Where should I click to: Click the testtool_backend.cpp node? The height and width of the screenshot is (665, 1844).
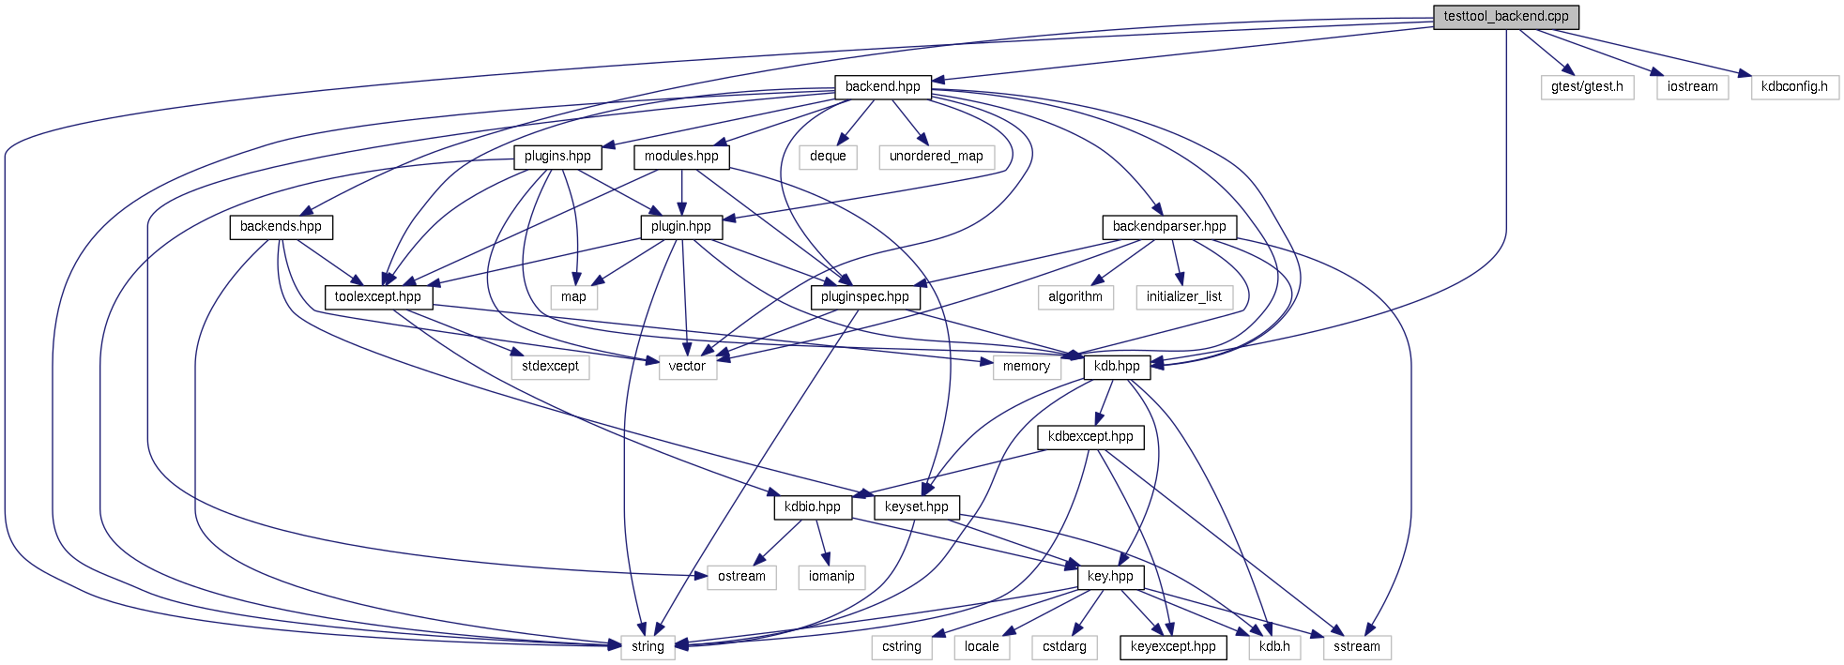[x=1505, y=17]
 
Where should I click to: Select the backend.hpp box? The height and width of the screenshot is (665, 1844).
[x=882, y=87]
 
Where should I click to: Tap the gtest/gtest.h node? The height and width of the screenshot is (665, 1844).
[x=1587, y=87]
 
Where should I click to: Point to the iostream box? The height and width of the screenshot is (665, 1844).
[x=1692, y=87]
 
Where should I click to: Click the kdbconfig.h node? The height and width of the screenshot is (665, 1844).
[x=1793, y=87]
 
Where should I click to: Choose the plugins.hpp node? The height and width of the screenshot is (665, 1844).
[x=557, y=157]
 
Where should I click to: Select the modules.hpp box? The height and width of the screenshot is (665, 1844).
[x=681, y=157]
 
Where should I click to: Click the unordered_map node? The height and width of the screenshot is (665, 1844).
[x=936, y=157]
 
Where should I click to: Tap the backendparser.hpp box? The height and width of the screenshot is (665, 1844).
[x=1168, y=227]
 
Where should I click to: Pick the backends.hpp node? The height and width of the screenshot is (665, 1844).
[x=281, y=227]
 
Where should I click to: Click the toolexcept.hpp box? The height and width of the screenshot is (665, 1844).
[x=378, y=297]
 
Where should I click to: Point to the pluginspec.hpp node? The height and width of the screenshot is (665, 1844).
[x=864, y=297]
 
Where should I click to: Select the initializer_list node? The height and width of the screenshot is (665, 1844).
[x=1183, y=297]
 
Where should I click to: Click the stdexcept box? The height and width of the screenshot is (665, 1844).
[x=550, y=367]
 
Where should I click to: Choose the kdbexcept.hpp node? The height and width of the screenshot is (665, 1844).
[x=1090, y=437]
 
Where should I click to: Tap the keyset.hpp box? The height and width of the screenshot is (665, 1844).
[x=916, y=507]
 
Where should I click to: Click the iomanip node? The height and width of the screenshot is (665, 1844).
[x=831, y=577]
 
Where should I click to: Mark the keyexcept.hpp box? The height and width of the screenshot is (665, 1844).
[x=1173, y=647]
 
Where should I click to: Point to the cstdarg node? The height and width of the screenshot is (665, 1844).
[x=1064, y=647]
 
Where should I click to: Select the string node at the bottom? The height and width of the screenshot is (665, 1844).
[x=648, y=647]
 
